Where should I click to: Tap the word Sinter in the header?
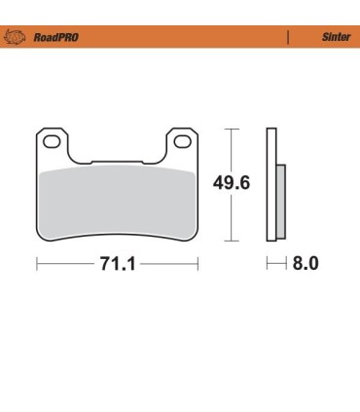click(x=336, y=38)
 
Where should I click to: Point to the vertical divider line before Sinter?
click(x=288, y=38)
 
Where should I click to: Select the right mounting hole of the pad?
click(x=181, y=142)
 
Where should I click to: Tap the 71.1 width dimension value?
click(x=117, y=264)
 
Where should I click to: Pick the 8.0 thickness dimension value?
click(x=305, y=264)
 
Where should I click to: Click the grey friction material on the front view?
click(x=117, y=200)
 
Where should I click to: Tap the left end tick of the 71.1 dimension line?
click(x=37, y=264)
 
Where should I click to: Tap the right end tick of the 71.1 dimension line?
click(x=198, y=264)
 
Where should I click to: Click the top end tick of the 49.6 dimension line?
click(x=231, y=128)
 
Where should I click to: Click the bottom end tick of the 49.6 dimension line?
click(x=231, y=241)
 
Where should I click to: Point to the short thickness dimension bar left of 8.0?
click(x=275, y=264)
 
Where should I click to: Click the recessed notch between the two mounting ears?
click(x=117, y=158)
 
